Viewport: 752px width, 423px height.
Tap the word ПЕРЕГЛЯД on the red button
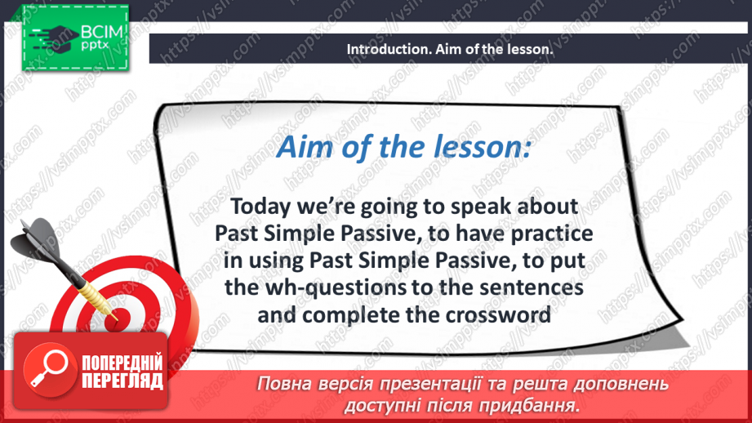click(x=122, y=381)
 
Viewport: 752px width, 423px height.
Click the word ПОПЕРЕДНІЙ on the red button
click(x=122, y=363)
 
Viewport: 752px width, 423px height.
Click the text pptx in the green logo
click(x=95, y=46)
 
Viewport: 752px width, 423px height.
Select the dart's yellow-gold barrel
click(x=97, y=297)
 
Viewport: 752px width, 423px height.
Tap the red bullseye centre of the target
click(x=117, y=318)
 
